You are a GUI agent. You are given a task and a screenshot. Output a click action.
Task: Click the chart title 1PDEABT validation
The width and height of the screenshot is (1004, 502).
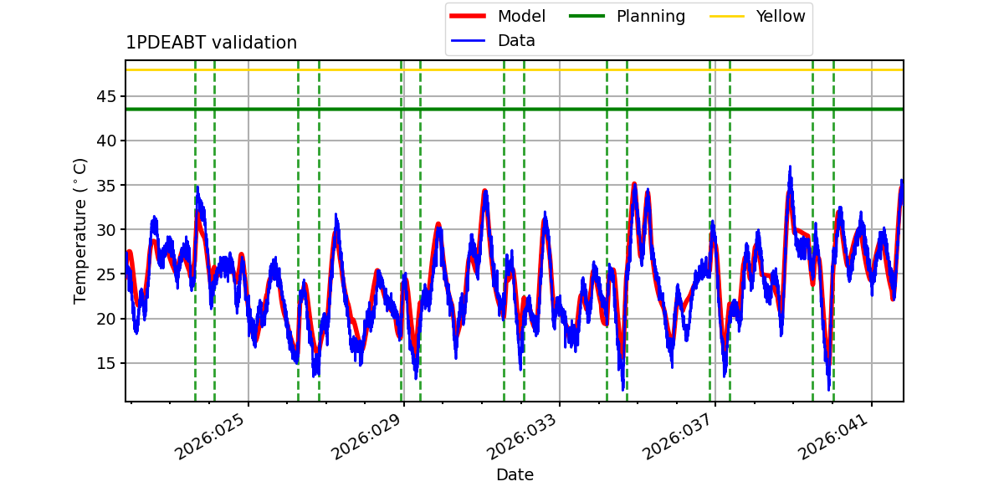(x=211, y=43)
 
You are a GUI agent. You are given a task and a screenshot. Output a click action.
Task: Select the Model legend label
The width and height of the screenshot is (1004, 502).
(x=521, y=16)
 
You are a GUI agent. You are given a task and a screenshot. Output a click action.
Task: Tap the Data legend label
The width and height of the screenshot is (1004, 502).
(x=516, y=41)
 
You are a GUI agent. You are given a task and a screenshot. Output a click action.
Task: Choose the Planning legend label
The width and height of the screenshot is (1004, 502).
(x=651, y=16)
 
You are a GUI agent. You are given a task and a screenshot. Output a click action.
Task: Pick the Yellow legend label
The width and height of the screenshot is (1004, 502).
(x=781, y=16)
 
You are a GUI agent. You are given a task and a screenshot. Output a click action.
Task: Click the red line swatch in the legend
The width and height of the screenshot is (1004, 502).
(x=468, y=16)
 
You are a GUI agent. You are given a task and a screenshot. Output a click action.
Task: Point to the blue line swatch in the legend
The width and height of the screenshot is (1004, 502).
(x=468, y=41)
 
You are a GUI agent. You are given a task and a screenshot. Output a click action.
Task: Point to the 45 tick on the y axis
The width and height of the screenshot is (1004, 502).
(x=106, y=96)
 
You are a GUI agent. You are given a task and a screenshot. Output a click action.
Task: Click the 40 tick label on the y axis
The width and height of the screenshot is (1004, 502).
(x=106, y=141)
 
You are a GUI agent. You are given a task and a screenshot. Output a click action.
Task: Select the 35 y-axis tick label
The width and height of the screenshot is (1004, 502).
(x=106, y=185)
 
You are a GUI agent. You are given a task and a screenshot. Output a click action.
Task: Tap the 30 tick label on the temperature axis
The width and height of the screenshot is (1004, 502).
(x=106, y=230)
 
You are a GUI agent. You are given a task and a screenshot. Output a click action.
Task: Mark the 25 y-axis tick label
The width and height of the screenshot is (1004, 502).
(x=106, y=274)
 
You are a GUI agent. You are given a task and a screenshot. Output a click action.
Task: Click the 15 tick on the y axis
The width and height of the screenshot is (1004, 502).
(x=106, y=363)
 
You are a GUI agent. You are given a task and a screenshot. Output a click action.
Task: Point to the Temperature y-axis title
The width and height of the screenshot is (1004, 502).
(x=79, y=231)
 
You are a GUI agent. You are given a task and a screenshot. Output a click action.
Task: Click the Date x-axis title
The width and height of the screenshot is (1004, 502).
(x=515, y=474)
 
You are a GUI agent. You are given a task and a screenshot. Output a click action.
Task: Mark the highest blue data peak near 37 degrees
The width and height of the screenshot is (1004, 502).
(x=790, y=166)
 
